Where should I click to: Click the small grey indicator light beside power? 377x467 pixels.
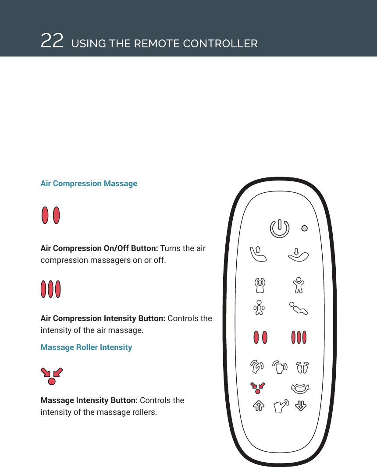(305, 228)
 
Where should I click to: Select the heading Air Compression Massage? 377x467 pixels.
(89, 184)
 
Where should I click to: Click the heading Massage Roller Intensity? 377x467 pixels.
(86, 347)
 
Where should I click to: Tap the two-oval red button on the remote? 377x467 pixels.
(260, 338)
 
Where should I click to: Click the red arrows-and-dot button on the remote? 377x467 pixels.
(258, 386)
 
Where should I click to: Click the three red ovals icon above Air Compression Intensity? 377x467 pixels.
(51, 289)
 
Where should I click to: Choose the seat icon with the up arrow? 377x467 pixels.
(258, 254)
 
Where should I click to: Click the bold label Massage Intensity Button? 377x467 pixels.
(89, 400)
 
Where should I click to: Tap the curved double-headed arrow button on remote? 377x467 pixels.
(300, 388)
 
